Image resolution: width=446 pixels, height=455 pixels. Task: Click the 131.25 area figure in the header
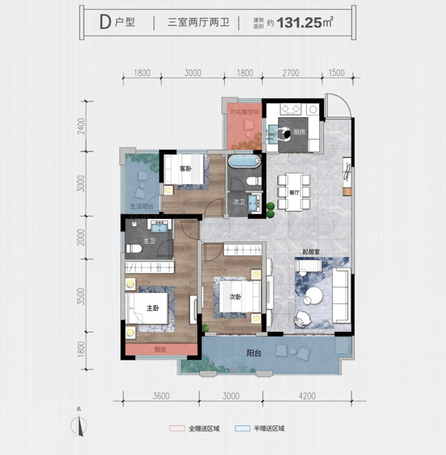300,23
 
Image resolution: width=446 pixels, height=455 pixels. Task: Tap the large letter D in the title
104,22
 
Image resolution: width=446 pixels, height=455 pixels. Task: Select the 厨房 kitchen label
299,132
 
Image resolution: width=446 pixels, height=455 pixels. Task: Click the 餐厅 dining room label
294,193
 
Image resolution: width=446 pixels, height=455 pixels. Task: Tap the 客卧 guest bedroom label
185,169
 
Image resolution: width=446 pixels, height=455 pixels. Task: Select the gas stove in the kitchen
292,110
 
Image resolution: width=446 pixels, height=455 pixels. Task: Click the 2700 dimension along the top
291,73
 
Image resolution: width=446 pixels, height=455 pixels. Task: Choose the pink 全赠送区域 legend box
177,428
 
